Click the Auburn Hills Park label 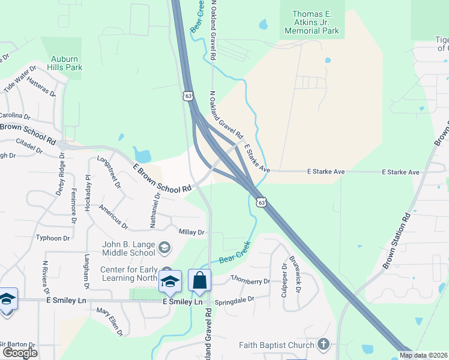click(x=66, y=63)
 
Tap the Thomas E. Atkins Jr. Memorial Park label click(x=312, y=22)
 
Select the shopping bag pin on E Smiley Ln click(x=199, y=281)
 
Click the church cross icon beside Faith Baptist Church click(x=324, y=344)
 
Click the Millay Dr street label click(x=191, y=232)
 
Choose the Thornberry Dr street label click(x=250, y=281)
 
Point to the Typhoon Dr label click(x=53, y=238)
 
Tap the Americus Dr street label click(x=113, y=217)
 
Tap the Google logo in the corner click(x=20, y=353)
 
